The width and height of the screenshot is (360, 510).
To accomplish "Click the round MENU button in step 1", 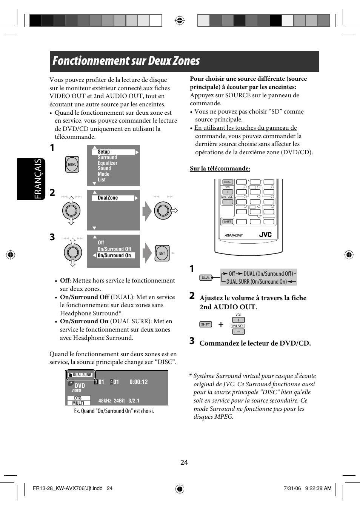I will tap(72, 164).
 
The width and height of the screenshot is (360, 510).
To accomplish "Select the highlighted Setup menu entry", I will tap(113, 152).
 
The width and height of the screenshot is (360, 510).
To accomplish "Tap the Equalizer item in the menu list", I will tap(108, 163).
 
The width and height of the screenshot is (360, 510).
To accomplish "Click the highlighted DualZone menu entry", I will tap(113, 198).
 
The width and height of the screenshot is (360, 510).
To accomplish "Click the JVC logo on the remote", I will tap(265, 235).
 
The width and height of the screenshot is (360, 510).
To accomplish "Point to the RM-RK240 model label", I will tap(234, 235).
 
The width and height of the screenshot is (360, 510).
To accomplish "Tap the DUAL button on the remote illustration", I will tap(228, 182).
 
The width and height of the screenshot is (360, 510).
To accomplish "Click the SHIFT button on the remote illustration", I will tap(228, 221).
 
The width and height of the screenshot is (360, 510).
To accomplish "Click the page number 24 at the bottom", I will tap(184, 462).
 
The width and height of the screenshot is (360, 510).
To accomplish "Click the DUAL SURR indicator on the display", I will tap(82, 375).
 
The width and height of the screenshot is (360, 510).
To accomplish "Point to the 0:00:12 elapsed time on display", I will tap(138, 382).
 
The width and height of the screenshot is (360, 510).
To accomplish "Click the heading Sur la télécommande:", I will tap(220, 169).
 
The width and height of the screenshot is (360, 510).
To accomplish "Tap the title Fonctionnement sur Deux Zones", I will tap(126, 61).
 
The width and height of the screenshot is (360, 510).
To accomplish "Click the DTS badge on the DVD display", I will tap(78, 398).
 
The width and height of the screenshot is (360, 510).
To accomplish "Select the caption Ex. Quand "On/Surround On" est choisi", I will tap(114, 411).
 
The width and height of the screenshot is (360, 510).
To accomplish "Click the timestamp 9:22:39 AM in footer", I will tap(318, 488).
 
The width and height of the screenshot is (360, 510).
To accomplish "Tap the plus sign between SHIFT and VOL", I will tap(221, 324).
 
